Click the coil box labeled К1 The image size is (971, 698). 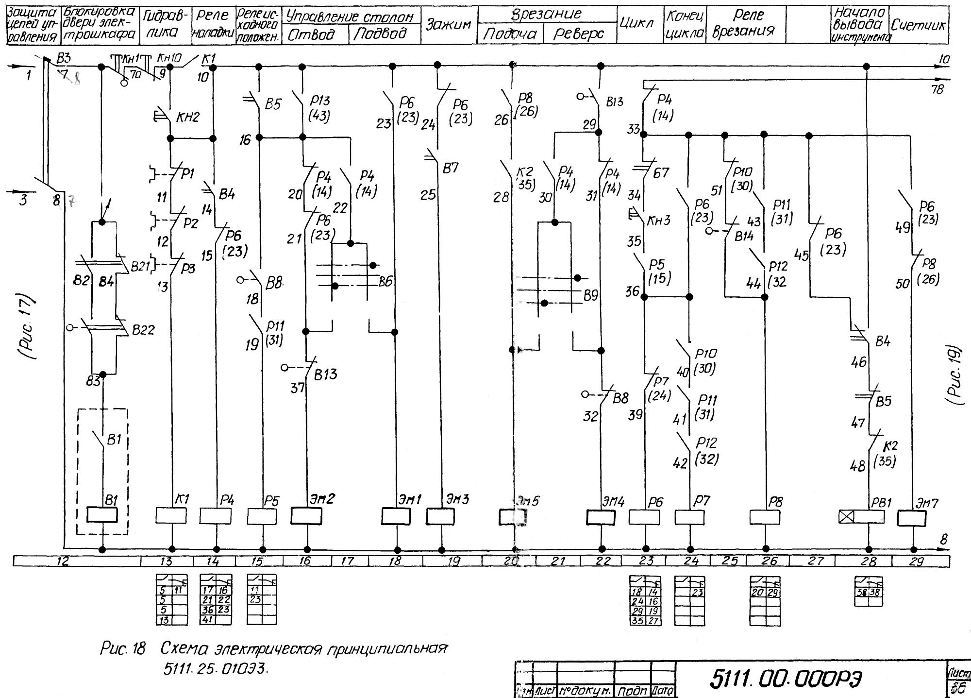tap(171, 515)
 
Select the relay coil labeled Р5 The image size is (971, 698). tap(262, 516)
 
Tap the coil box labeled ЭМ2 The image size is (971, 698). tap(306, 516)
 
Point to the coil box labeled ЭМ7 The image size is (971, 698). tap(911, 518)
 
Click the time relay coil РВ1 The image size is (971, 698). tap(861, 517)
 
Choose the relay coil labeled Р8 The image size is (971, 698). tap(765, 517)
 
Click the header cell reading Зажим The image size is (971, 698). tap(449, 25)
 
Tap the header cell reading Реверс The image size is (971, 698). tap(579, 34)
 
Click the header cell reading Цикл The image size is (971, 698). tap(636, 23)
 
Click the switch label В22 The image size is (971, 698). tap(143, 330)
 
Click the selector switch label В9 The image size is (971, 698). tap(590, 295)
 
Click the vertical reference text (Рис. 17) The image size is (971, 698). tap(32, 326)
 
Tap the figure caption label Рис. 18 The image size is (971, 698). tap(123, 649)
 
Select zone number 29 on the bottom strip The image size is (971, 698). tap(916, 562)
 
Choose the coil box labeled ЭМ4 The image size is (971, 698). tap(601, 517)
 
